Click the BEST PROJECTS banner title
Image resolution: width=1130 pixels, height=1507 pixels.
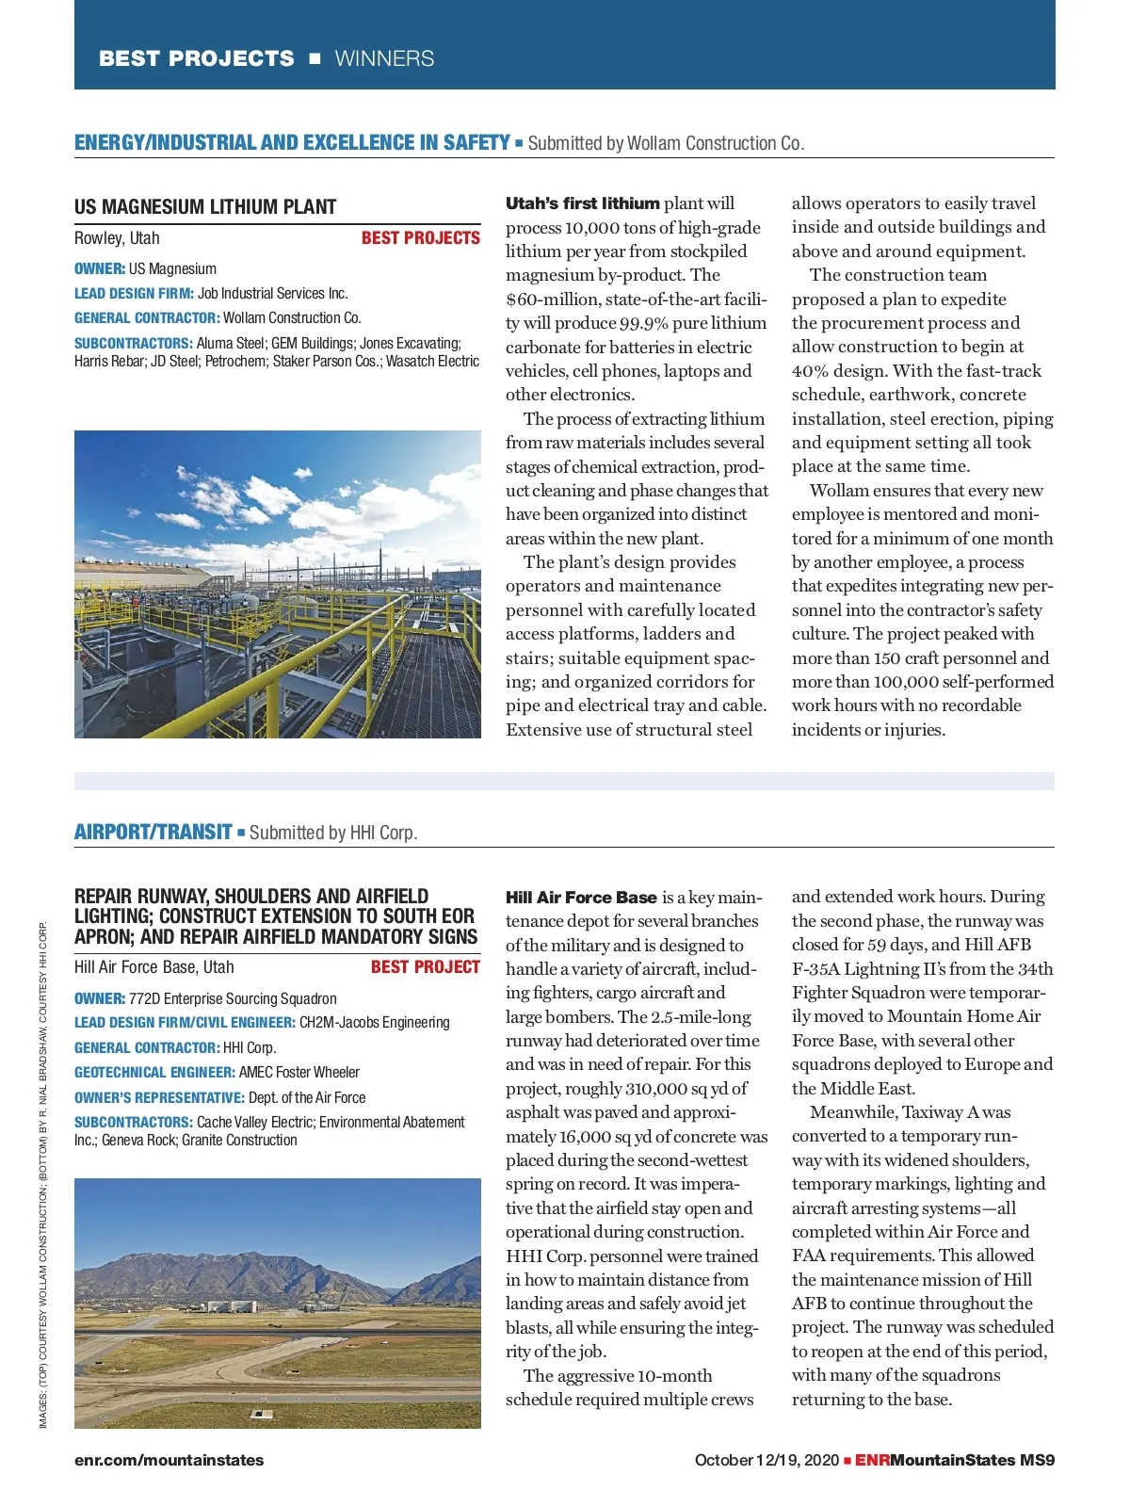196,58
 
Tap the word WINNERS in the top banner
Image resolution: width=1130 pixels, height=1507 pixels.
384,58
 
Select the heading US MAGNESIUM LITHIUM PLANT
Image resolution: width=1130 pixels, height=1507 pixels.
205,207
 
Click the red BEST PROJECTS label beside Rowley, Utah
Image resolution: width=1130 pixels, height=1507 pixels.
420,238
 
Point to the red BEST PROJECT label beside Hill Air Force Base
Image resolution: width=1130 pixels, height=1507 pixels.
425,967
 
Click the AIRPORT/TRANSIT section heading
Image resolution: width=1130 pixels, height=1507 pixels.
153,832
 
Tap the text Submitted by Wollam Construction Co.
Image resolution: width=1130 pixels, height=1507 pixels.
665,143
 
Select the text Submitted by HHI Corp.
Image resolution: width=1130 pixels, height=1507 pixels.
332,833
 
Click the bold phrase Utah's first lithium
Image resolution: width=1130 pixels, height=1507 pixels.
582,203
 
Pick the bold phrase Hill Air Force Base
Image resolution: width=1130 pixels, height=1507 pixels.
581,898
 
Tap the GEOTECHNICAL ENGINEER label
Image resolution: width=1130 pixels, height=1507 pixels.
154,1072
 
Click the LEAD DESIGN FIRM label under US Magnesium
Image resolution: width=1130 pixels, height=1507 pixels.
134,293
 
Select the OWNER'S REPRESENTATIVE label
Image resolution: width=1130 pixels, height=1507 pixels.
159,1097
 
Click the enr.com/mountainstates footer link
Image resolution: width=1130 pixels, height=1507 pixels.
169,1460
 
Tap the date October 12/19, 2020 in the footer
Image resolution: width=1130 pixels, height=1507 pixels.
766,1460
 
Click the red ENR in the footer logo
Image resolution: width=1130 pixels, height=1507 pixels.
872,1460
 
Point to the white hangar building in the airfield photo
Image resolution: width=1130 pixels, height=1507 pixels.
229,1305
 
